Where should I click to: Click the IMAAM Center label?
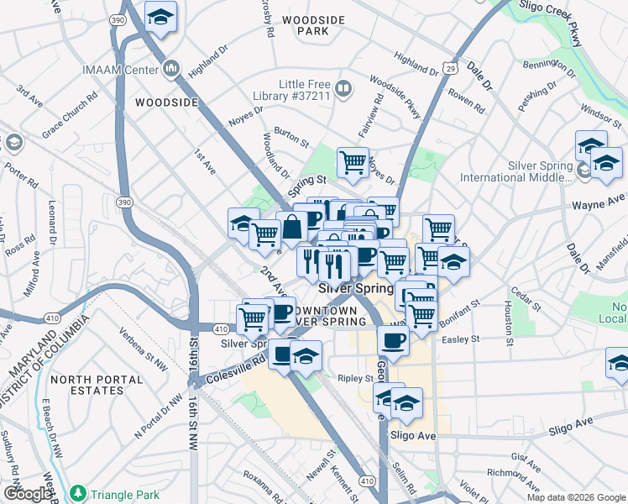pyautogui.click(x=121, y=70)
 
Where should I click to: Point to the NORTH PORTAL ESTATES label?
pyautogui.click(x=86, y=385)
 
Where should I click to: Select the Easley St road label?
pyautogui.click(x=462, y=339)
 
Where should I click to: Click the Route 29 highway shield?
pyautogui.click(x=450, y=70)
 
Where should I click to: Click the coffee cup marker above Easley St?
pyautogui.click(x=392, y=340)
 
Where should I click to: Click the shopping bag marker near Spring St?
pyautogui.click(x=291, y=227)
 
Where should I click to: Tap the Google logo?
pyautogui.click(x=26, y=494)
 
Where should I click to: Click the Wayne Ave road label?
pyautogui.click(x=599, y=203)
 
